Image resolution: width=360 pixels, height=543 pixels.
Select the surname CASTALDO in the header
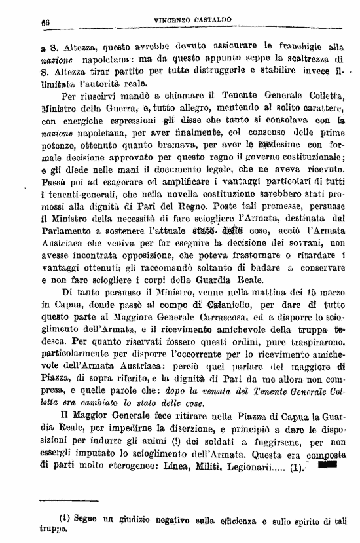[x=216, y=21]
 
